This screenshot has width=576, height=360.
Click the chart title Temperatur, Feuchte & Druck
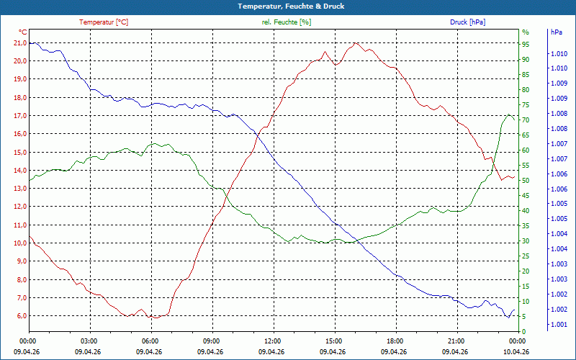click(x=288, y=6)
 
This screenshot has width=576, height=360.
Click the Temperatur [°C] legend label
click(x=104, y=22)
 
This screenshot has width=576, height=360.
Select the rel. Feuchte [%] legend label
click(x=287, y=22)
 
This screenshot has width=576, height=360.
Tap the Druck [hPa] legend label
click(x=467, y=22)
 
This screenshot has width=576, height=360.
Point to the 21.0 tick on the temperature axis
click(x=19, y=43)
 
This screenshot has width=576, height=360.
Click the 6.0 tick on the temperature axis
click(x=20, y=316)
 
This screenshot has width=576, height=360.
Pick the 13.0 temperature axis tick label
click(x=19, y=189)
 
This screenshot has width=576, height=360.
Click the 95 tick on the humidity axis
click(x=526, y=44)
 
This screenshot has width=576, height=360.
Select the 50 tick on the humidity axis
click(x=526, y=180)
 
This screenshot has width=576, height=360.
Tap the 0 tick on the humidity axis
click(x=523, y=331)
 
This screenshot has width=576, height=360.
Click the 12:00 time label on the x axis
click(x=272, y=341)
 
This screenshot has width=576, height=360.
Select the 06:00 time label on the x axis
click(x=150, y=341)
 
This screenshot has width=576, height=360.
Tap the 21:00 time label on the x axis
click(x=456, y=341)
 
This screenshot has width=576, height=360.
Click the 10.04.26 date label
click(x=517, y=351)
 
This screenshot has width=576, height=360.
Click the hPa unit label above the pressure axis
click(x=556, y=32)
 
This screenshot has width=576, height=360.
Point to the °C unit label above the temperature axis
click(x=23, y=32)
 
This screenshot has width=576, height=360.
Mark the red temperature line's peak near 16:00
click(x=356, y=42)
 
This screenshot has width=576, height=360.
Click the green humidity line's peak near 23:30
click(x=509, y=114)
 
